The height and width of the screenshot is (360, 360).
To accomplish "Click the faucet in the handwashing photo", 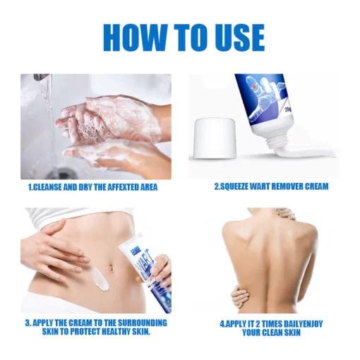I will point(40,77).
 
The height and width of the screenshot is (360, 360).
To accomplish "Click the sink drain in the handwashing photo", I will point(60,172).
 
